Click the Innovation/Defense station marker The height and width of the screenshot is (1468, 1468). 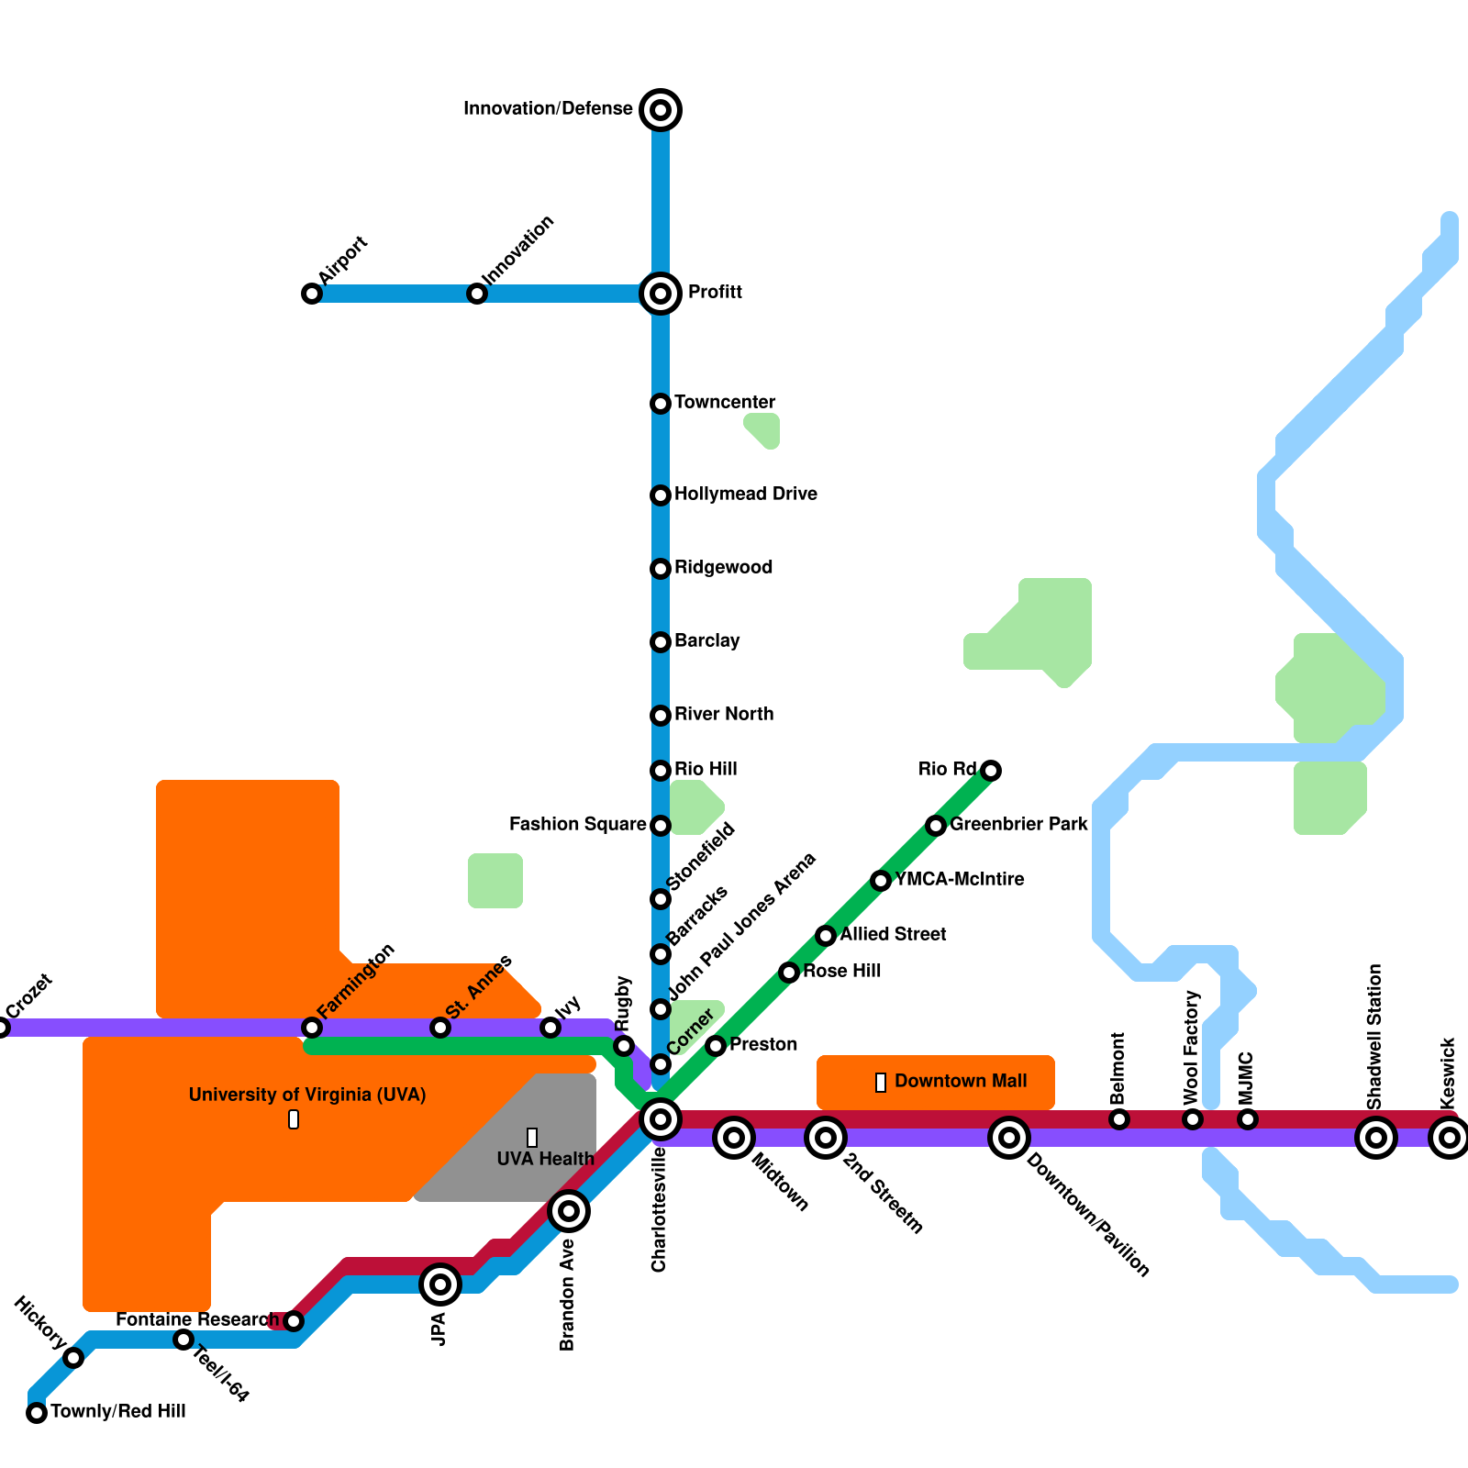[661, 110]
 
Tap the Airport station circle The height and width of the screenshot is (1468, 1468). [312, 294]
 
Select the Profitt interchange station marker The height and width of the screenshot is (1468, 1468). [661, 294]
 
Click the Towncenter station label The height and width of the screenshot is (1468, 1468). [725, 403]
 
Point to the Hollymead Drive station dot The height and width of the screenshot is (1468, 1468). [661, 495]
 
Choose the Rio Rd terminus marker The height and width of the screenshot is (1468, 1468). [991, 771]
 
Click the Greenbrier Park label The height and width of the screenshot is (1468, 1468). [1018, 825]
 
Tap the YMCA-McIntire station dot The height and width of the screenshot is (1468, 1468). [881, 881]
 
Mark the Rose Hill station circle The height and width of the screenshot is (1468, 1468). [789, 973]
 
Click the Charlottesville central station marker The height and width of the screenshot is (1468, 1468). [661, 1119]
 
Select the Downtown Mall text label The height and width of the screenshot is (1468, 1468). [961, 1082]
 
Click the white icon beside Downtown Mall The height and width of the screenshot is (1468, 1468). [881, 1083]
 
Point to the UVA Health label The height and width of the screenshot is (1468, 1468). [545, 1160]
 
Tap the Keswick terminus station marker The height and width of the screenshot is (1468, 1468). [1450, 1139]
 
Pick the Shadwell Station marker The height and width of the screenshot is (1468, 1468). [1376, 1139]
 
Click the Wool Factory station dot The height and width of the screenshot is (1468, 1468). [1193, 1119]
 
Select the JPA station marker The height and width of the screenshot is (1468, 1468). [440, 1284]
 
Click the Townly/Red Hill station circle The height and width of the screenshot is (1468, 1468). [37, 1413]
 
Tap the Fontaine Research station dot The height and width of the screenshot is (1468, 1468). [294, 1321]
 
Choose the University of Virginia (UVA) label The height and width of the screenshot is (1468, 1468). [307, 1095]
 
